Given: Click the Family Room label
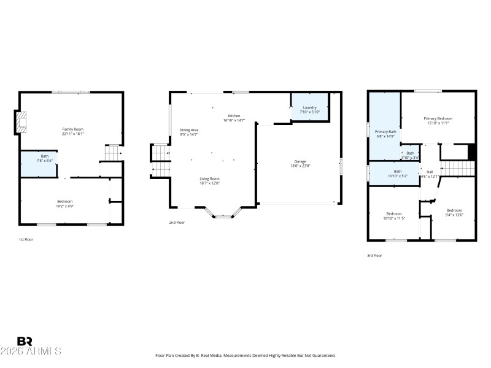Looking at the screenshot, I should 72,129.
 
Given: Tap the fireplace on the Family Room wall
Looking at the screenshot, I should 21,121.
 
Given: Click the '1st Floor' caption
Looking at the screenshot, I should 26,239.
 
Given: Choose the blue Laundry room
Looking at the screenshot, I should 309,109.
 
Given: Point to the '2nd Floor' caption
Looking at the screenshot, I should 177,223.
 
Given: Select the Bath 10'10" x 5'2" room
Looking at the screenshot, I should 397,174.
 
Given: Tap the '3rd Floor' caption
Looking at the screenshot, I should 374,255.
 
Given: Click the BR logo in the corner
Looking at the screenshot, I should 25,341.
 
